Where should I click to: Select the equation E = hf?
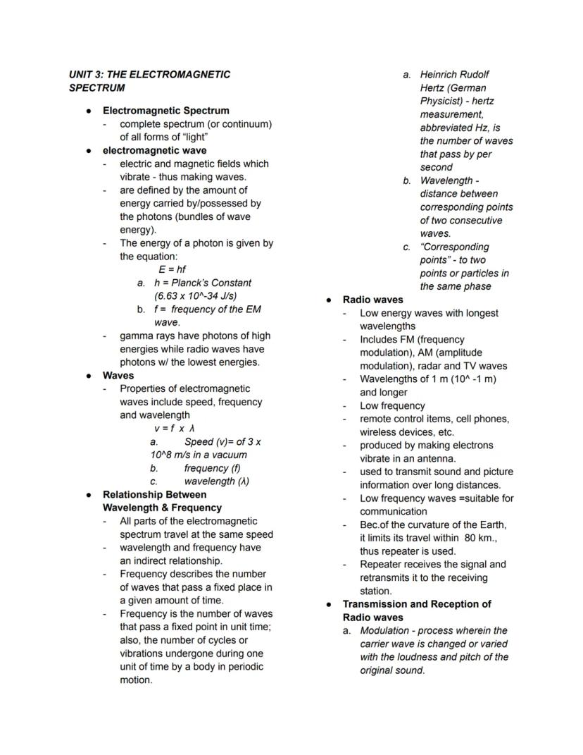point(172,269)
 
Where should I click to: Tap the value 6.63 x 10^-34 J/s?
point(195,296)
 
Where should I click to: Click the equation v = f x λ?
point(174,428)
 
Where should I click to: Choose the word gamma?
point(136,336)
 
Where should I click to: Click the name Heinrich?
point(441,74)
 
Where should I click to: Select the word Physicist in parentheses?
point(442,101)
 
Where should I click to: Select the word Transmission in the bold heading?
point(375,604)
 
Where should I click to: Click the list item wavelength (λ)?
point(216,481)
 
